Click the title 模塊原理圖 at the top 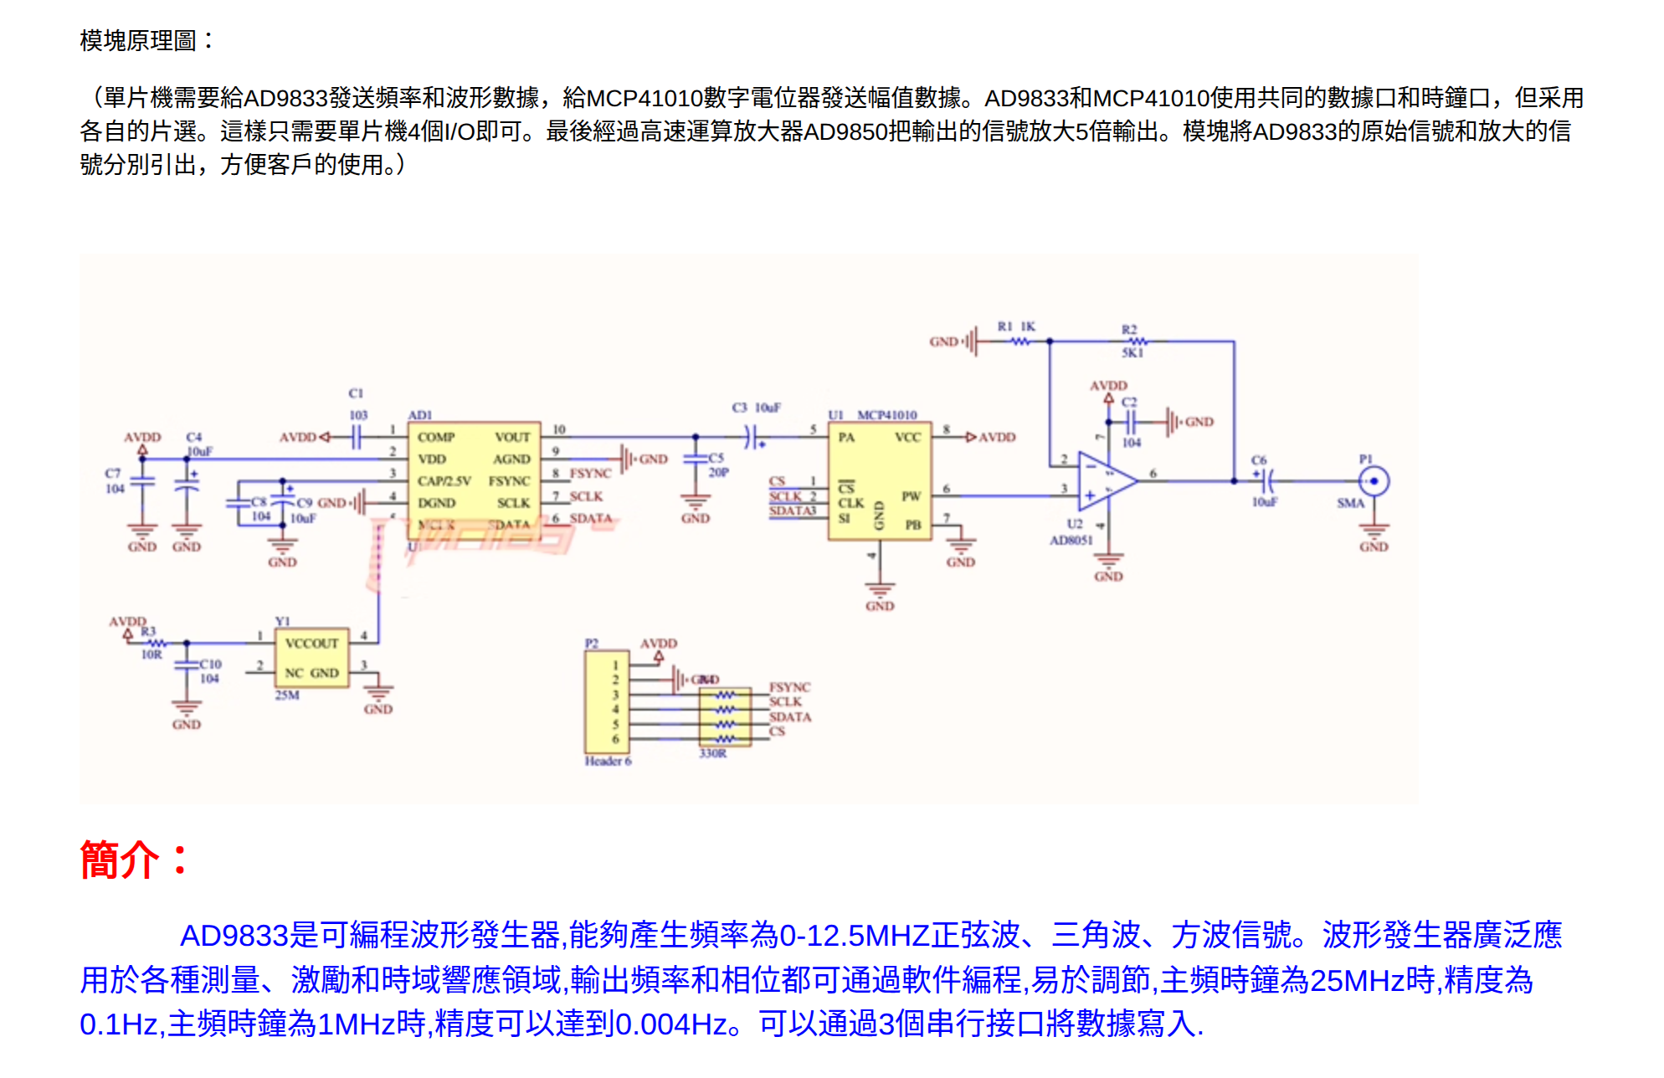pos(138,40)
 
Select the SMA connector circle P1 pos(1374,481)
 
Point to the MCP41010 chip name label pos(886,415)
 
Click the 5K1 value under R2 pos(1132,353)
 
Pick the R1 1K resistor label pos(1016,326)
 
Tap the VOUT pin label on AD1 pos(512,437)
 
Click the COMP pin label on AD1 pos(436,437)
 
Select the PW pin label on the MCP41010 pos(911,496)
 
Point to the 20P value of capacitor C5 pos(718,473)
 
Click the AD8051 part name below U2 pos(1071,540)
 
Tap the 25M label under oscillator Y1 pos(287,695)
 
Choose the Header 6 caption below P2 pos(608,761)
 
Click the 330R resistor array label pos(712,753)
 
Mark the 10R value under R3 pos(152,654)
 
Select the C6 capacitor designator pos(1259,460)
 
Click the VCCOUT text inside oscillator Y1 pos(311,643)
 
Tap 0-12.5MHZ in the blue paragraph pos(854,936)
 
